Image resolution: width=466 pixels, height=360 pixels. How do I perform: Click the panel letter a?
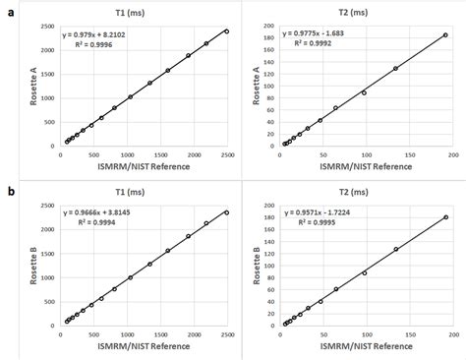tap(7, 8)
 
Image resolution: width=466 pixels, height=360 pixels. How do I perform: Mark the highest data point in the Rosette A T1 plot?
tap(227, 31)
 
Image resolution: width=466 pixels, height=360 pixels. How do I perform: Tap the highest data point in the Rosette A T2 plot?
tap(445, 34)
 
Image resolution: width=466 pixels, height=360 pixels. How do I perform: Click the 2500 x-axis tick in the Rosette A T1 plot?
tap(228, 154)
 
